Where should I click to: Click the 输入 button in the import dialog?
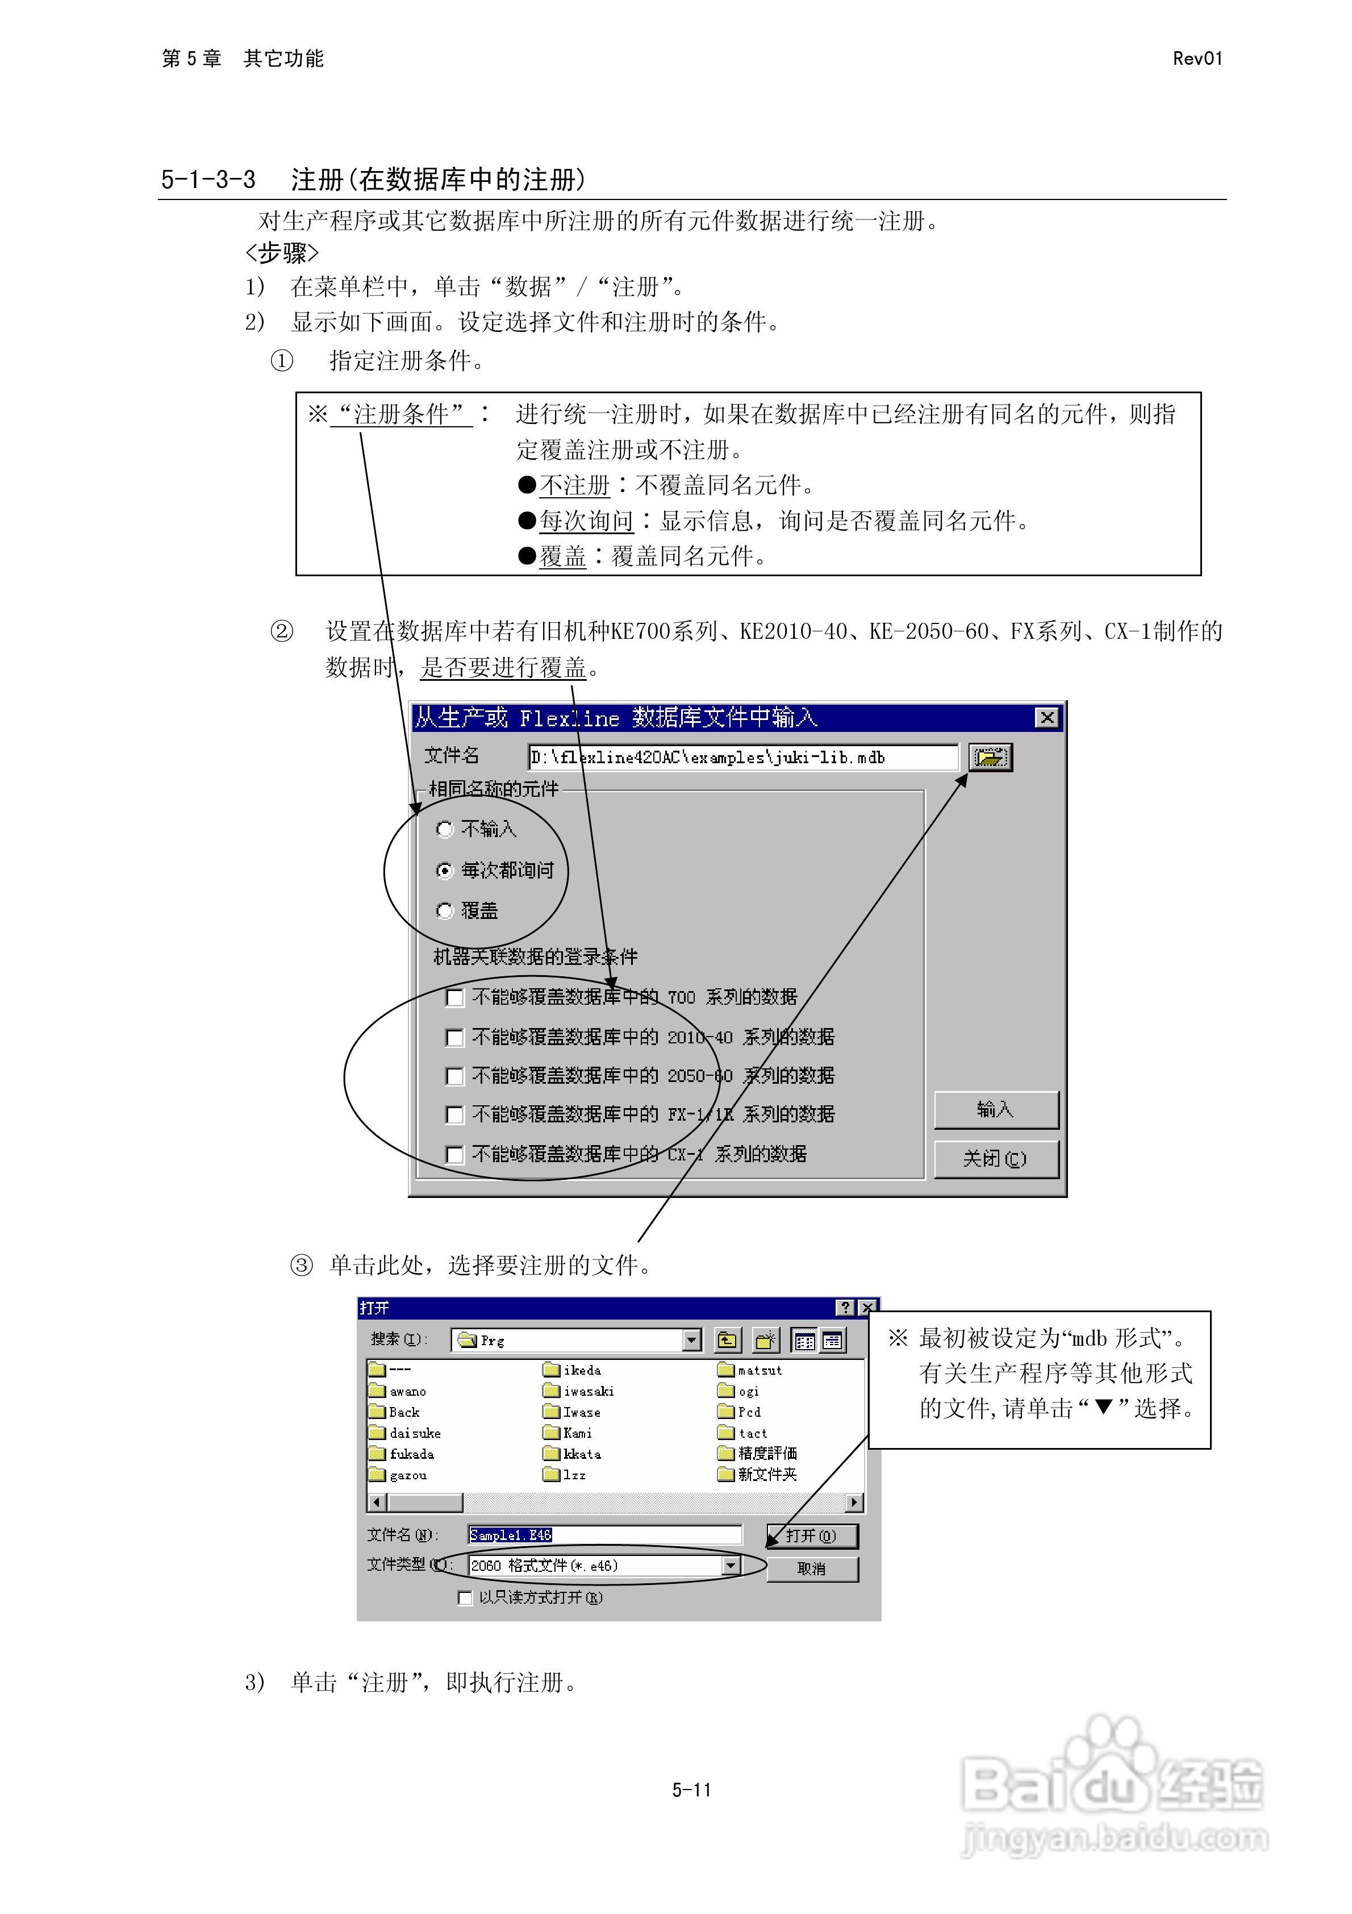995,1109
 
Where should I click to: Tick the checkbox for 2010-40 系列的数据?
454,1037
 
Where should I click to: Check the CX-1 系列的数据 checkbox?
454,1155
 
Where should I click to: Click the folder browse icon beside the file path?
990,757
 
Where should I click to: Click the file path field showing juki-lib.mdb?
742,757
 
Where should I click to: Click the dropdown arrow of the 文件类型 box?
731,1566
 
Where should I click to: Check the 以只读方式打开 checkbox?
465,1598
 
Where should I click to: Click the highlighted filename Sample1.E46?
510,1535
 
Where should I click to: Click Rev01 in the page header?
1197,59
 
